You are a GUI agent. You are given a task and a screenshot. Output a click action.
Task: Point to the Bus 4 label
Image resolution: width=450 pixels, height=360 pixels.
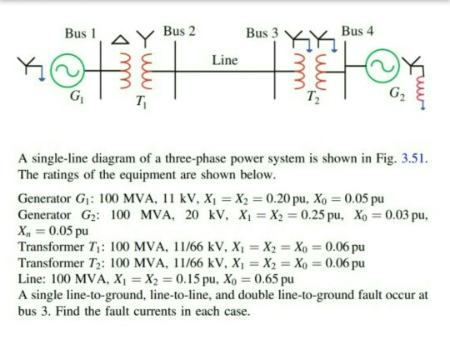pos(357,32)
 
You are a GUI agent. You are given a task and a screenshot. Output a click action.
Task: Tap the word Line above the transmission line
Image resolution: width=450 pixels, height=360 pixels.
pos(225,60)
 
